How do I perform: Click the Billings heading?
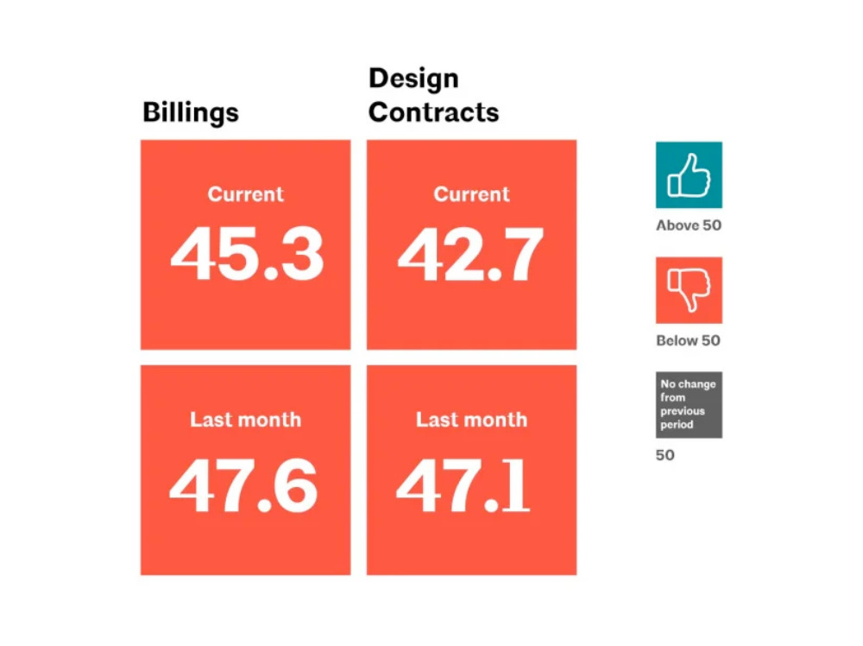coord(191,113)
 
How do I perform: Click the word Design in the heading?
coord(413,79)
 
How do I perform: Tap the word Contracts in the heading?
coord(434,112)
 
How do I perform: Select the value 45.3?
coord(247,255)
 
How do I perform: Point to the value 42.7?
coord(471,255)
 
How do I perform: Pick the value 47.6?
coord(243,486)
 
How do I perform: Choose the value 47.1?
coord(463,486)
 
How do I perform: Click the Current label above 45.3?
coord(245,194)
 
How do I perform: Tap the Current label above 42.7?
coord(472,194)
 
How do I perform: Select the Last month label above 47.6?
coord(245,420)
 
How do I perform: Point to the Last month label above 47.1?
coord(472,420)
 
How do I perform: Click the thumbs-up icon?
coord(689,175)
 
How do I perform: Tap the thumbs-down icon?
coord(689,289)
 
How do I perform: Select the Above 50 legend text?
coord(689,225)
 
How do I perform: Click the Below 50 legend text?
coord(688,340)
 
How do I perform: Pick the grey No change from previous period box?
coord(689,405)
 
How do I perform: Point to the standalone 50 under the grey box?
coord(665,455)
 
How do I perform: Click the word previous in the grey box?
coord(683,411)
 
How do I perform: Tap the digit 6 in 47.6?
coord(295,486)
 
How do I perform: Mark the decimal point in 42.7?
coord(494,274)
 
